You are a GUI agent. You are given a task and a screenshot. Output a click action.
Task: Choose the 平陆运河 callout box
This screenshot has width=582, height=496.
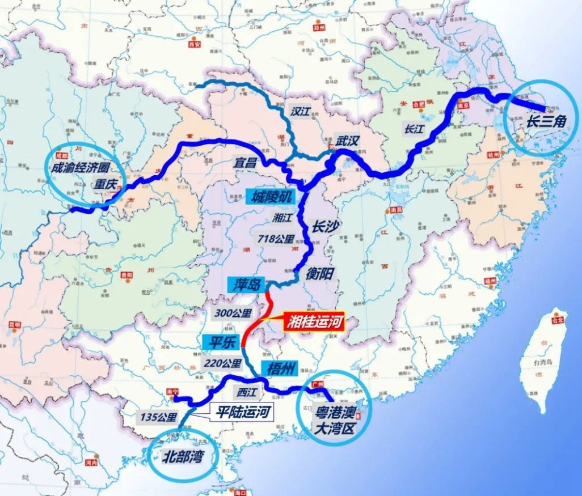(x=241, y=412)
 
